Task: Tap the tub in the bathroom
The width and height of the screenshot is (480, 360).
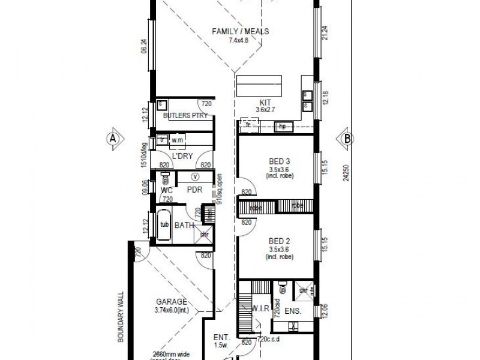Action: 164,225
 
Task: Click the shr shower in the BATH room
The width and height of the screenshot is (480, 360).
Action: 204,235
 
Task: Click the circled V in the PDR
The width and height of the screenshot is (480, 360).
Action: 196,176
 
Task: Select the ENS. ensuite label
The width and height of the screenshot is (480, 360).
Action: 292,311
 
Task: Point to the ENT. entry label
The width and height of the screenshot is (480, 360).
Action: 220,337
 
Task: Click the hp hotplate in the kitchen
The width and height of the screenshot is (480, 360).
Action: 282,126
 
